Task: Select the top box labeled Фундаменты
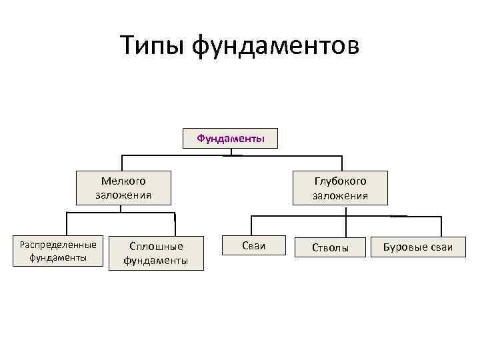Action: click(231, 139)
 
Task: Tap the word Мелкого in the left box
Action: click(123, 181)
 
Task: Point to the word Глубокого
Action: click(341, 181)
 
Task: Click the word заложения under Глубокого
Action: click(341, 195)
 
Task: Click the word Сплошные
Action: click(155, 246)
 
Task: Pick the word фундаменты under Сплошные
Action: click(155, 260)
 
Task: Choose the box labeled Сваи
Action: click(253, 246)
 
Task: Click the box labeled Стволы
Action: click(331, 248)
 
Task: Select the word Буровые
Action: click(403, 248)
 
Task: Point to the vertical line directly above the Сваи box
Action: click(251, 225)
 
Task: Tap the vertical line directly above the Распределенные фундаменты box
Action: click(65, 223)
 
